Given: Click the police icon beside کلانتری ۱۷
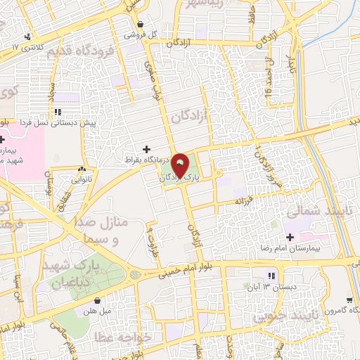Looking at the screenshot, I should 27,37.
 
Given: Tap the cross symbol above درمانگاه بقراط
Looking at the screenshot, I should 146,148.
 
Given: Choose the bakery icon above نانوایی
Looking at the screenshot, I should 82,169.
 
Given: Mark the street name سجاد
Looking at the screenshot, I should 51,91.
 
